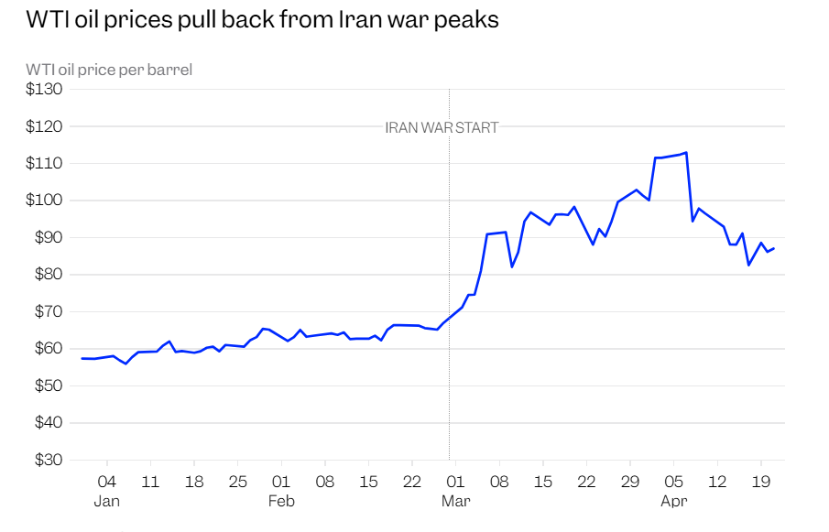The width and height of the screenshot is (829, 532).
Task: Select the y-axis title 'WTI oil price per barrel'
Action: (x=109, y=70)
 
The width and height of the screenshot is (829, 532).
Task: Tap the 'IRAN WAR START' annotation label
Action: (x=442, y=128)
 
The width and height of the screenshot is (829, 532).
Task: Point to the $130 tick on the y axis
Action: (x=44, y=90)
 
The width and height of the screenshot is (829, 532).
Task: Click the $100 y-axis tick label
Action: (x=44, y=201)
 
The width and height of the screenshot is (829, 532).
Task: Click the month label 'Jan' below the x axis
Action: (x=107, y=502)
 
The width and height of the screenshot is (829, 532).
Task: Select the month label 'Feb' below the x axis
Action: (x=281, y=502)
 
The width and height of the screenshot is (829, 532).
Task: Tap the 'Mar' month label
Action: (x=455, y=502)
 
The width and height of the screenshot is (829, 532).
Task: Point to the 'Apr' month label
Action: (x=674, y=502)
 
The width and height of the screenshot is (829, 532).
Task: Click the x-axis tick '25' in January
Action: (x=237, y=482)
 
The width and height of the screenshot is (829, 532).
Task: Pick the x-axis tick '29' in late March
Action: (x=630, y=482)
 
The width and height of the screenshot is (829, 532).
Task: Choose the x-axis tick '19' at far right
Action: (x=760, y=482)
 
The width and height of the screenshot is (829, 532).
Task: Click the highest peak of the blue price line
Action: (x=686, y=153)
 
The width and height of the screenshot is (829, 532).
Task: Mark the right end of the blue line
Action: (x=774, y=248)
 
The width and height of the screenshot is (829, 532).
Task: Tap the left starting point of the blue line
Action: (x=82, y=358)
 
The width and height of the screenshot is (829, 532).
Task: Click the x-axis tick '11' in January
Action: (x=150, y=482)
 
